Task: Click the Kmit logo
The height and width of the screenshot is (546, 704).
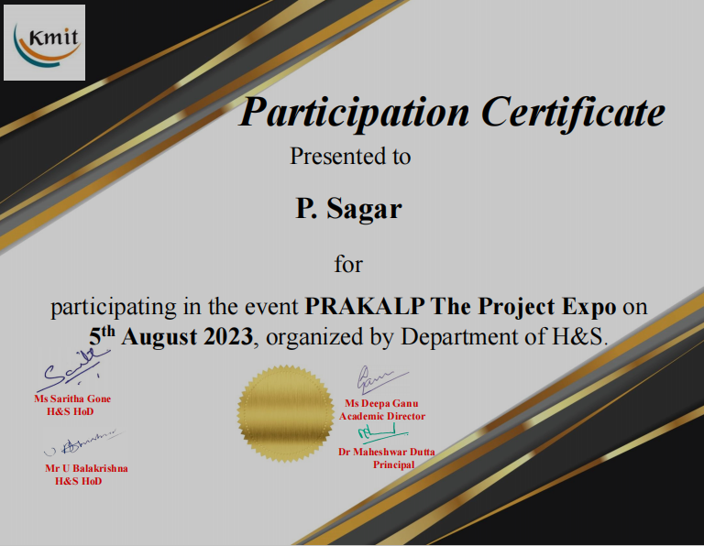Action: pos(44,42)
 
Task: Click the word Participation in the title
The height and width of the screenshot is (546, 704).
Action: pos(354,113)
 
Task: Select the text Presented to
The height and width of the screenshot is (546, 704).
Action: pos(350,156)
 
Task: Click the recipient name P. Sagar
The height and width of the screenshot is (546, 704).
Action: pos(348,209)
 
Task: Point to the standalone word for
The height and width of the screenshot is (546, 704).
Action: pos(348,265)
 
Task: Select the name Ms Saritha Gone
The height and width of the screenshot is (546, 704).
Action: pos(72,399)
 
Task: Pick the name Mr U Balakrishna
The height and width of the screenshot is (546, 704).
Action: pos(86,468)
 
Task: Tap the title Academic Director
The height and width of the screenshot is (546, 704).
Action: pos(381,416)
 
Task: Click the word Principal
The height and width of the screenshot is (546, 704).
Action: pos(393,464)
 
